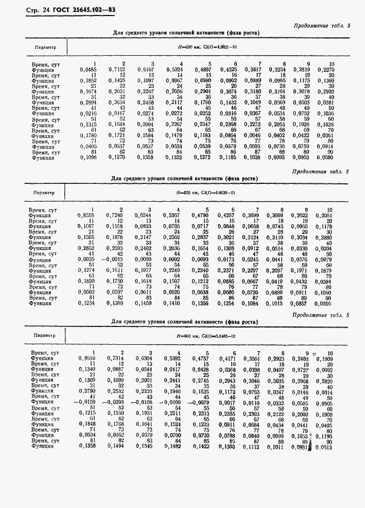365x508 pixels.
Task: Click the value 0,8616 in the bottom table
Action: [86, 358]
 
